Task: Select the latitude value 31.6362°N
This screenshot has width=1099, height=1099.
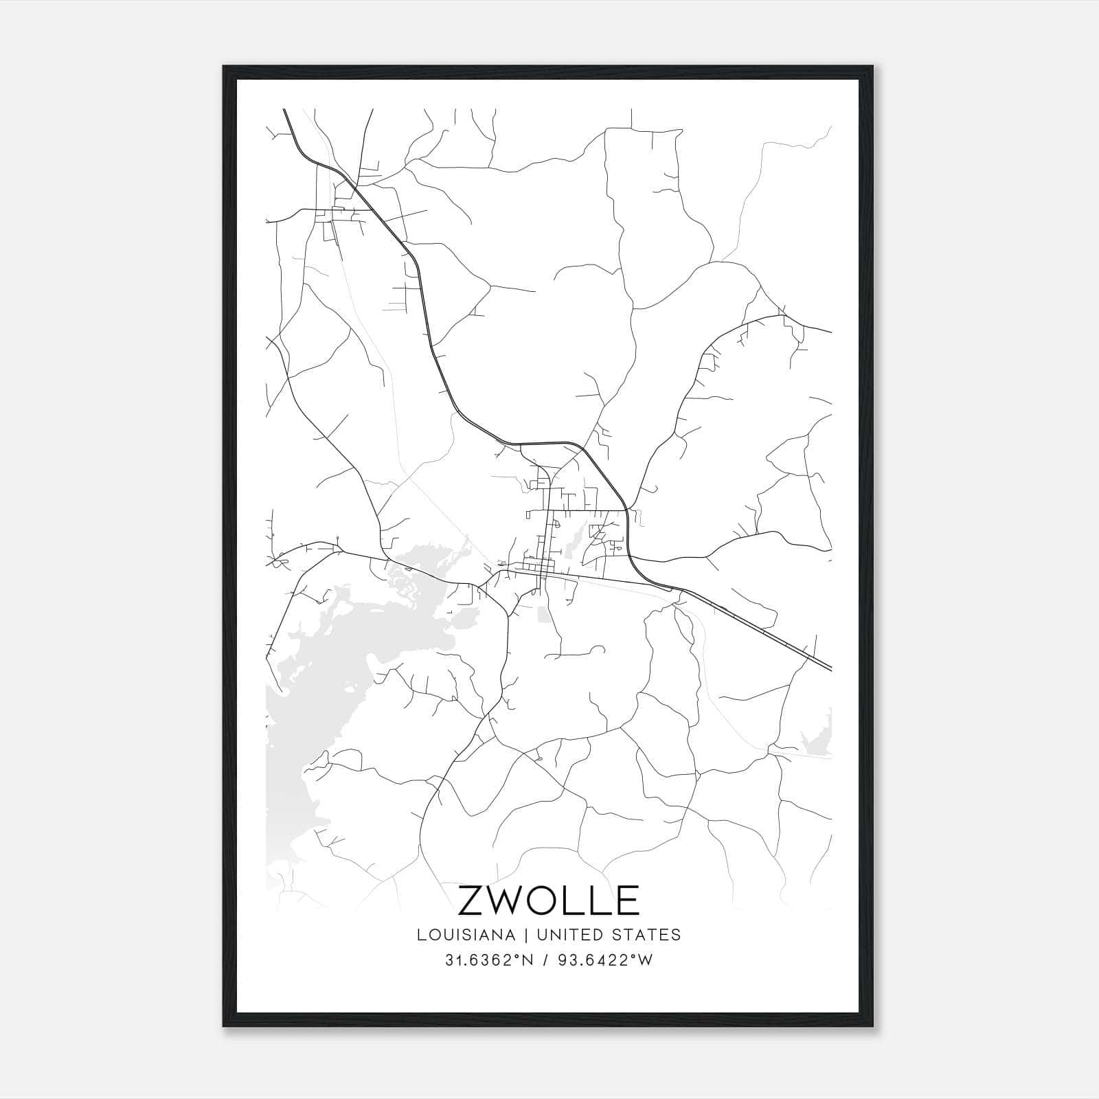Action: pyautogui.click(x=490, y=960)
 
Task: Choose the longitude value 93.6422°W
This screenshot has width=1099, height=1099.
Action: pyautogui.click(x=608, y=960)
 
